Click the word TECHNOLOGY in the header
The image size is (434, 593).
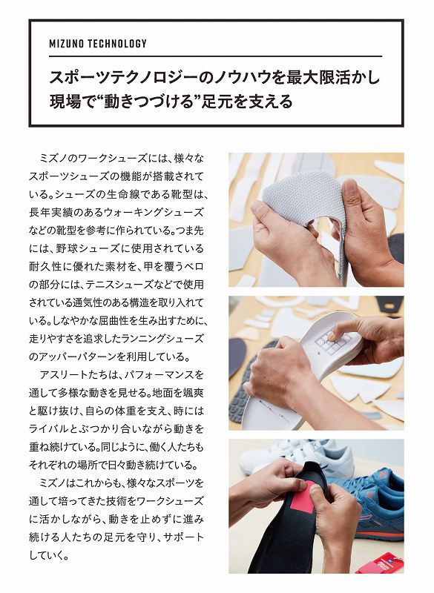point(117,44)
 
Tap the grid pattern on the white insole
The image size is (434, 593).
point(333,342)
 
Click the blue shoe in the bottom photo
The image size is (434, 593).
point(369,500)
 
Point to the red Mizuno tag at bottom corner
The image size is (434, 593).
point(380,563)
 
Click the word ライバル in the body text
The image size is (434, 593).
point(47,429)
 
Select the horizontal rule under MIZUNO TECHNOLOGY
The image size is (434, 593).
point(215,56)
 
